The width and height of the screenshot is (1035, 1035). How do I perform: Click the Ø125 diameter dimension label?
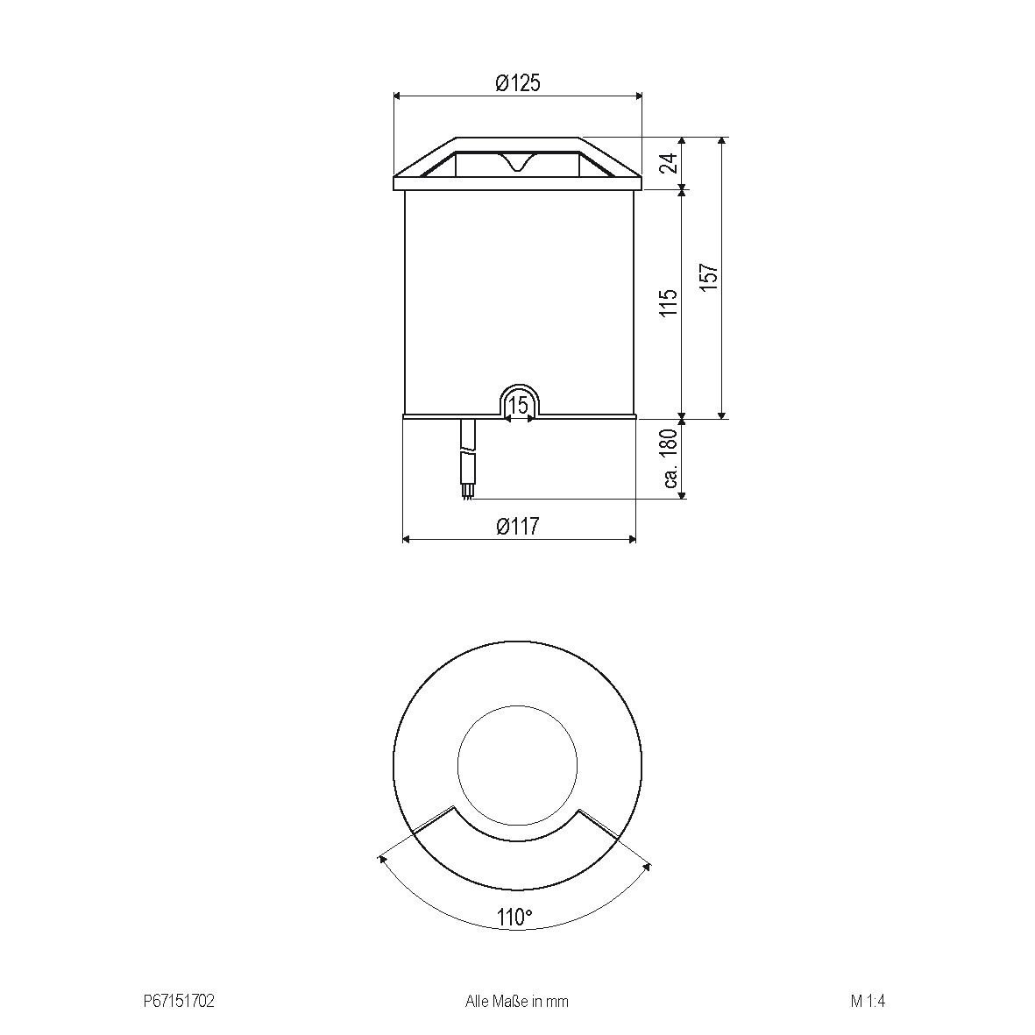click(x=517, y=82)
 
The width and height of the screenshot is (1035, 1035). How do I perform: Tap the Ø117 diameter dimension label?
click(x=517, y=526)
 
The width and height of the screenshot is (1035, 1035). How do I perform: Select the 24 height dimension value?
click(x=670, y=162)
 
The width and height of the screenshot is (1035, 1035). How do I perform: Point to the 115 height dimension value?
click(x=670, y=302)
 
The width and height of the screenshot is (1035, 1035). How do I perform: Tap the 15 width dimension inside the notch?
click(x=520, y=405)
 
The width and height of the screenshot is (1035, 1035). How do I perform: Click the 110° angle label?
click(x=514, y=917)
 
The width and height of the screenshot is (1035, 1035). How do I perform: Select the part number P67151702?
click(x=179, y=1002)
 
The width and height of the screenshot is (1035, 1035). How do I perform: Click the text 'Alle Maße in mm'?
click(x=517, y=1002)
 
